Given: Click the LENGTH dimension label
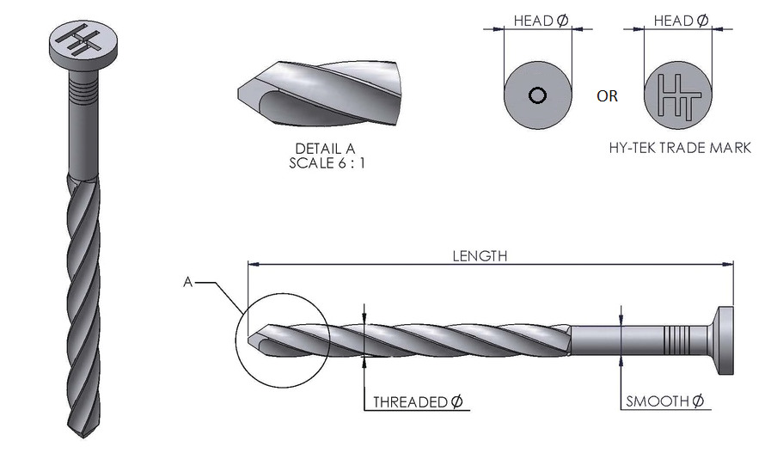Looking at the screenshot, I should pyautogui.click(x=480, y=255).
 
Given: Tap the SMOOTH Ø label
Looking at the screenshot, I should pyautogui.click(x=665, y=401).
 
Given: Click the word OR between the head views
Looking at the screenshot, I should pyautogui.click(x=607, y=96).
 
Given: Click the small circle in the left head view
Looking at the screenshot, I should pyautogui.click(x=537, y=95).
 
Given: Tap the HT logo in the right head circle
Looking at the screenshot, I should pyautogui.click(x=678, y=95).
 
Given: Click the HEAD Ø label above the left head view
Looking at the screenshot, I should pyautogui.click(x=541, y=20).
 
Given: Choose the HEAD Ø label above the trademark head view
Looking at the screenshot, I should pyautogui.click(x=681, y=20).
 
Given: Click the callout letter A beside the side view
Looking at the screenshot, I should pyautogui.click(x=187, y=281).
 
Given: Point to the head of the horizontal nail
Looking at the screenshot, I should pyautogui.click(x=721, y=340).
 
